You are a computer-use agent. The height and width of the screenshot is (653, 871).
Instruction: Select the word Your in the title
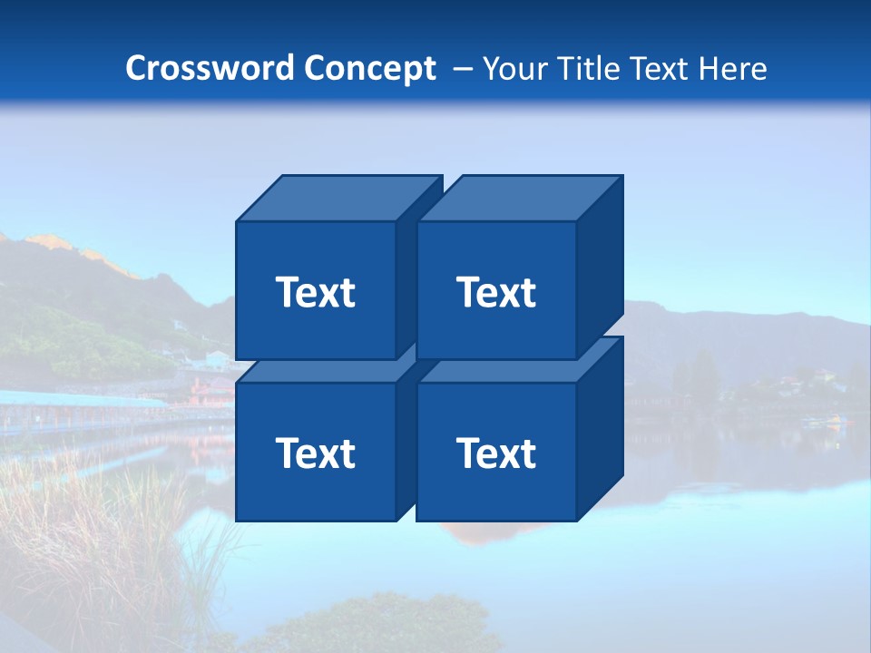(514, 69)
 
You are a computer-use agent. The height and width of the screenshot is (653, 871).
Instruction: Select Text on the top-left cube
(316, 292)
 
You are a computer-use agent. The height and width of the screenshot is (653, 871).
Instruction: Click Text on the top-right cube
(496, 292)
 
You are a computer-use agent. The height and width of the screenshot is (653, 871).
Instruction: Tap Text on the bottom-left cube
(316, 453)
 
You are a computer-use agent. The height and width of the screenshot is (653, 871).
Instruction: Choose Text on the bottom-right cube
(496, 453)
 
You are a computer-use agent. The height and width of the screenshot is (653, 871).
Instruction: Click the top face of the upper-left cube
(336, 198)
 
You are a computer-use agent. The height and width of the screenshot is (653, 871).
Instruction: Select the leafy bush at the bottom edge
(381, 626)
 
